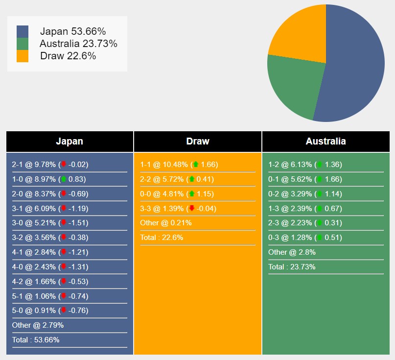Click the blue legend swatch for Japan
pos(23,31)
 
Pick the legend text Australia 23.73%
pos(79,44)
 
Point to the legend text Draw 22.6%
pos(68,56)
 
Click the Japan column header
pos(70,142)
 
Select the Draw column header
pos(198,142)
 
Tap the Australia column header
pos(325,142)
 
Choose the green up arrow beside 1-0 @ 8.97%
pos(63,179)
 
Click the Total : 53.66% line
pos(36,340)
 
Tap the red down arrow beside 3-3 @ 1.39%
pos(192,209)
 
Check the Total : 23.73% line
pos(292,267)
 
